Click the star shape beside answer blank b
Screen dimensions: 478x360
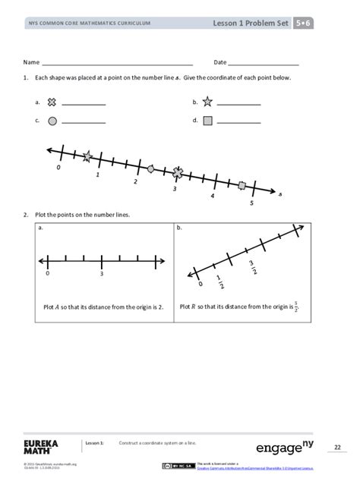click(207, 102)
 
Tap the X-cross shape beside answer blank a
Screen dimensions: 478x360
click(52, 102)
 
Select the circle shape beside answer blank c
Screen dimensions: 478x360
click(52, 120)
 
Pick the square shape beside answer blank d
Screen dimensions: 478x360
click(207, 120)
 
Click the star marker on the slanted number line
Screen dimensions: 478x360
click(87, 156)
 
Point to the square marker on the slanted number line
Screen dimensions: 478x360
click(242, 185)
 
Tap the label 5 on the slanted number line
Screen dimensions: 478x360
click(251, 203)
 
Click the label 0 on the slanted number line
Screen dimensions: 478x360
click(58, 167)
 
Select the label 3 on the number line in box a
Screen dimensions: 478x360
click(101, 273)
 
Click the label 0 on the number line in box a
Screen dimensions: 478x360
click(47, 273)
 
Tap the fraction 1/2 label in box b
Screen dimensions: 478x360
click(219, 281)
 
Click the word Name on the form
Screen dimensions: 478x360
click(31, 62)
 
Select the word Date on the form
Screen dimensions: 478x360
click(220, 62)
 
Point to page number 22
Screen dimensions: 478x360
click(338, 447)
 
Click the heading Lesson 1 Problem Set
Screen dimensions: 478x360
click(251, 24)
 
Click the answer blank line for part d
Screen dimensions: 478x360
click(238, 123)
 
